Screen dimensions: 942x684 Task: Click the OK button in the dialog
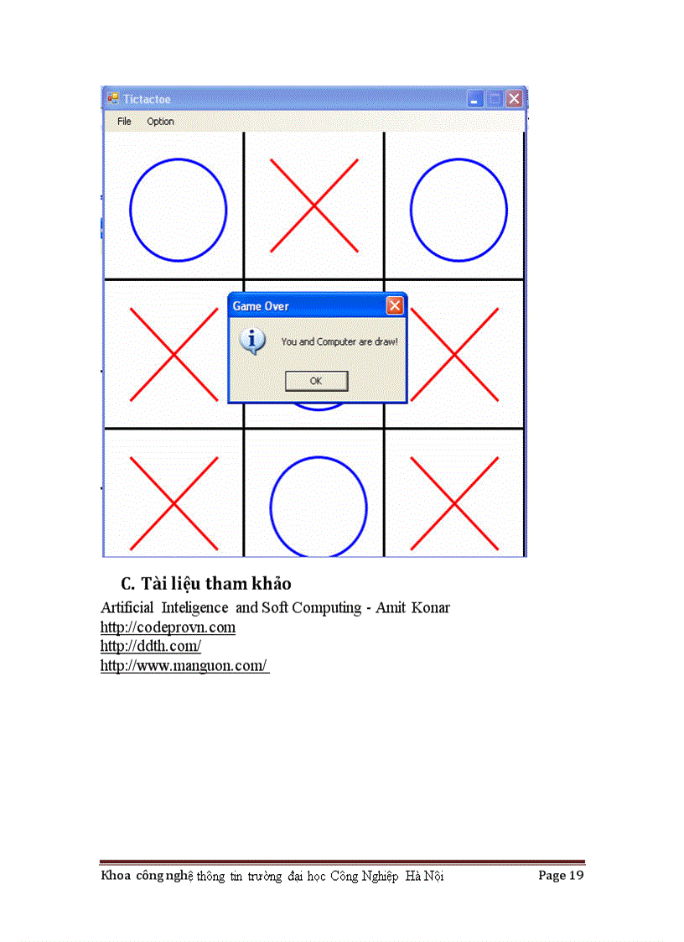pyautogui.click(x=316, y=381)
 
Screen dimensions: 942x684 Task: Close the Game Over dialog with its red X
pyautogui.click(x=394, y=306)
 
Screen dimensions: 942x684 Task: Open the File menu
pyautogui.click(x=124, y=122)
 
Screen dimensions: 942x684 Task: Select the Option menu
pyautogui.click(x=160, y=122)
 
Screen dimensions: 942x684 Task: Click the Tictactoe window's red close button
pyautogui.click(x=514, y=99)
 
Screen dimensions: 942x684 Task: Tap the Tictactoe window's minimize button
pyautogui.click(x=475, y=99)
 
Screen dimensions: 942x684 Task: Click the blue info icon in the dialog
pyautogui.click(x=252, y=341)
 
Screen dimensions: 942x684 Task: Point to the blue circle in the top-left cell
pyautogui.click(x=178, y=210)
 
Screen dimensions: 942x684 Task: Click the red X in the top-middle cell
pyautogui.click(x=314, y=206)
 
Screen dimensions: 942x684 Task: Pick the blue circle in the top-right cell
pyautogui.click(x=458, y=210)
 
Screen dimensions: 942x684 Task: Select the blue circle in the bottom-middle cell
pyautogui.click(x=318, y=507)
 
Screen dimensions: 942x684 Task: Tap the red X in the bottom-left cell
pyautogui.click(x=174, y=503)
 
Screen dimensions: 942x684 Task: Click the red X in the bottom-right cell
pyautogui.click(x=454, y=503)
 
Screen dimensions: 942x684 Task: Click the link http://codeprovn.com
pyautogui.click(x=168, y=627)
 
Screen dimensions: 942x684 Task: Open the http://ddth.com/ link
pyautogui.click(x=151, y=647)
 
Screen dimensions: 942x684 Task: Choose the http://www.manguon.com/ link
pyautogui.click(x=184, y=666)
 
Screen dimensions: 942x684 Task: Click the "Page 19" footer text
pyautogui.click(x=561, y=876)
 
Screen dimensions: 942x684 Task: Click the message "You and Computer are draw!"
pyautogui.click(x=339, y=342)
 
